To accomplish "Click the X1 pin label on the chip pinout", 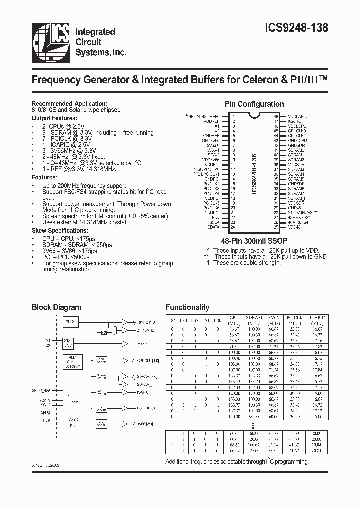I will (217, 126).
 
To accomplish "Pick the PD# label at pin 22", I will (216, 218).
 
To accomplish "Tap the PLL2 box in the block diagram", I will (70, 323).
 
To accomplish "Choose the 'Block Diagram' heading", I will (56, 307).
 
